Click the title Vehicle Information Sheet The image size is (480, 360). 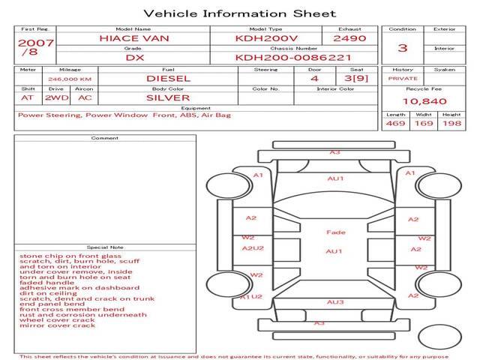[x=239, y=13]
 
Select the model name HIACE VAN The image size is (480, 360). [x=134, y=37]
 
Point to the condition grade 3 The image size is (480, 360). [x=402, y=47]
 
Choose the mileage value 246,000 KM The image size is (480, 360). [x=69, y=78]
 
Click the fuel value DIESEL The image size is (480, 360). [x=168, y=78]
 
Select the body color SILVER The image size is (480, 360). [x=168, y=97]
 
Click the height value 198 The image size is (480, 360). [x=451, y=123]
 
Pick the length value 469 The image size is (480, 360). [x=395, y=123]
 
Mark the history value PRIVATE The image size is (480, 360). [x=403, y=78]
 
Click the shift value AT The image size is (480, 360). [x=28, y=97]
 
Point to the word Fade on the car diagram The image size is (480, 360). [x=335, y=232]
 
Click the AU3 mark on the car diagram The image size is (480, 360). [x=335, y=302]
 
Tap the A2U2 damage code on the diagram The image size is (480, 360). [x=252, y=248]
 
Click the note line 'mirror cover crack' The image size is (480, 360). [x=58, y=325]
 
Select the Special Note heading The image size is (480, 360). [x=105, y=247]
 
